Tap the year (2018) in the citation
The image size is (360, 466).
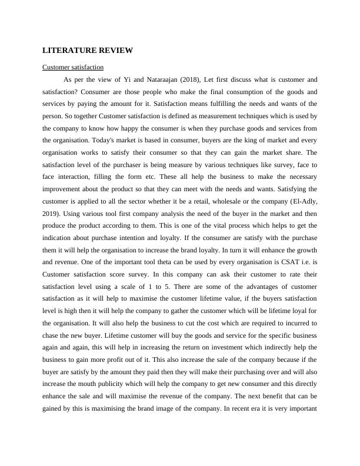pos(192,79)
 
